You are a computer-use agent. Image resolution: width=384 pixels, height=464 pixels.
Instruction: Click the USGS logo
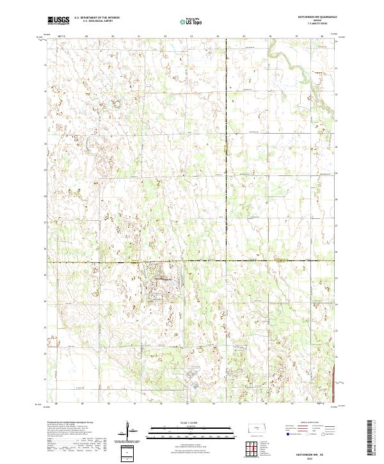pyautogui.click(x=58, y=20)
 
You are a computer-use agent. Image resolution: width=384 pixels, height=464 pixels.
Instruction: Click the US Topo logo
pyautogui.click(x=185, y=20)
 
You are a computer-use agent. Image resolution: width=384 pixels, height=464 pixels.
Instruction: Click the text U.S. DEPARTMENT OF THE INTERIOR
pyautogui.click(x=97, y=18)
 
